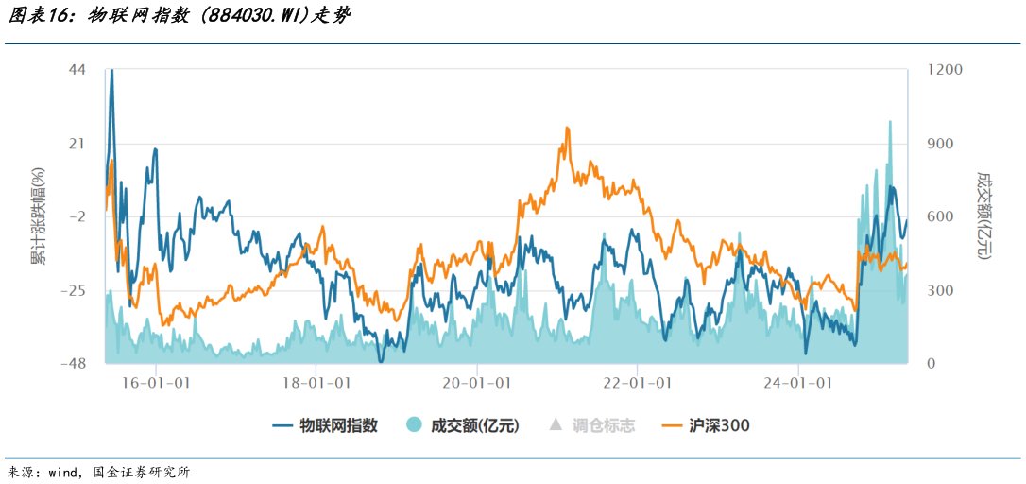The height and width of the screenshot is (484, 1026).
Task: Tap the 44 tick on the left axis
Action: pos(77,71)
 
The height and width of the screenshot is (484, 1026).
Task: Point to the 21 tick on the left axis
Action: pos(77,144)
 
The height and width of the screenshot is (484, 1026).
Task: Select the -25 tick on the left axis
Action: pos(72,291)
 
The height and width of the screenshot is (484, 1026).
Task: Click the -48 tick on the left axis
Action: pos(72,364)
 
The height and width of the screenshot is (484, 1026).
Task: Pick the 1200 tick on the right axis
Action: pos(944,71)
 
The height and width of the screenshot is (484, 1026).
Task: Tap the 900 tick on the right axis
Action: pos(939,144)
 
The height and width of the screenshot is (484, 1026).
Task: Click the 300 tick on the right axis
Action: pos(939,291)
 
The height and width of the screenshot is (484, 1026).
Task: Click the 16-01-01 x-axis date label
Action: pos(156,383)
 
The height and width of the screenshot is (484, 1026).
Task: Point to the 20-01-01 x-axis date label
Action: pos(477,383)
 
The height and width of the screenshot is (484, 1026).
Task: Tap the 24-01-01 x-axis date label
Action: pos(798,383)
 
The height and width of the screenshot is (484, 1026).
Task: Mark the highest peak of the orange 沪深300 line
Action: pos(567,129)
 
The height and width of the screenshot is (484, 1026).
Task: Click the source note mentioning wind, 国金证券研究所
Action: pos(99,472)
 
